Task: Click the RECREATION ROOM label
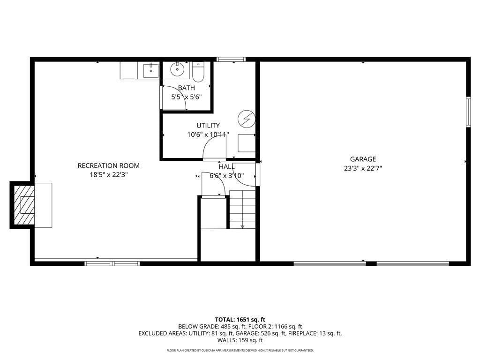(108, 165)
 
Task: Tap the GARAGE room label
(363, 159)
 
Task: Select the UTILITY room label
(208, 125)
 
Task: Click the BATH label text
(186, 88)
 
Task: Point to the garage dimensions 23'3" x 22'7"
(363, 168)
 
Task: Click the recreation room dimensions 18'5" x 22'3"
(108, 175)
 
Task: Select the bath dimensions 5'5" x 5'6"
(186, 97)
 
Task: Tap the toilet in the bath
(198, 72)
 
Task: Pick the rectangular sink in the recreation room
(151, 70)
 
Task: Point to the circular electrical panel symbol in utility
(247, 119)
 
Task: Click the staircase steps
(242, 210)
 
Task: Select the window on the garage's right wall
(468, 112)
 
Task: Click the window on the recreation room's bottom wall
(112, 263)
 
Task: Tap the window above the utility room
(231, 59)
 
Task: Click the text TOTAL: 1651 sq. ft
(240, 320)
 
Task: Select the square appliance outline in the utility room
(247, 143)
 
